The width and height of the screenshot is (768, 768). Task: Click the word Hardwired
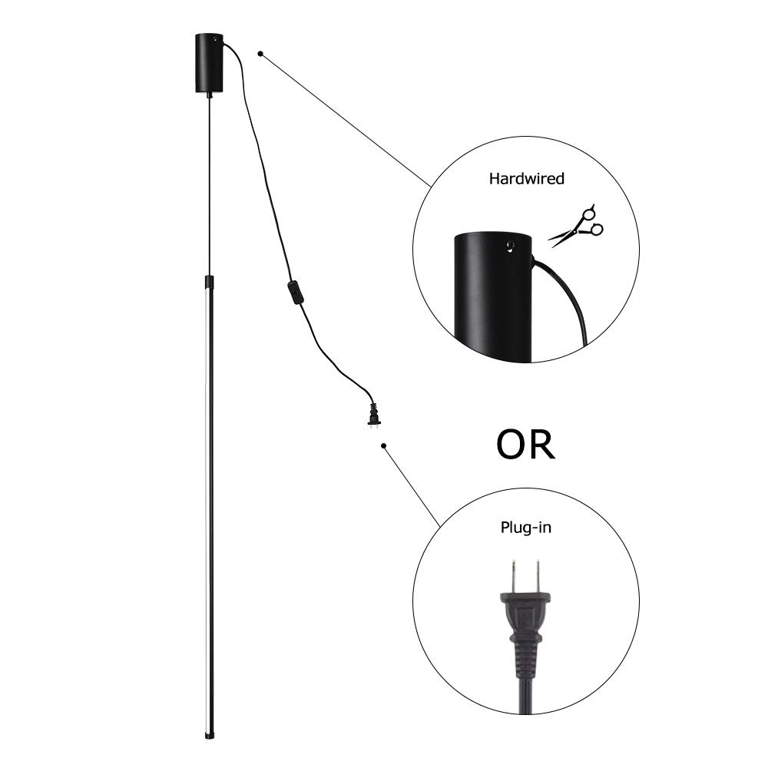tap(526, 179)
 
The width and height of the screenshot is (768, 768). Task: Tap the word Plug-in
tap(525, 528)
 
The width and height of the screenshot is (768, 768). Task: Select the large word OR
tap(525, 445)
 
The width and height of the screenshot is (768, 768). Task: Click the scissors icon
tap(578, 226)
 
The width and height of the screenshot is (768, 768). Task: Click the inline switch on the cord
tap(294, 293)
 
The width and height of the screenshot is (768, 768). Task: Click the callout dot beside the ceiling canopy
tap(261, 54)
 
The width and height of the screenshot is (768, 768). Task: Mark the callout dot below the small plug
tap(383, 445)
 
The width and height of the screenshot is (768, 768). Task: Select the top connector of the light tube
tap(209, 282)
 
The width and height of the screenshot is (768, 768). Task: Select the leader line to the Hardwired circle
tap(346, 119)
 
